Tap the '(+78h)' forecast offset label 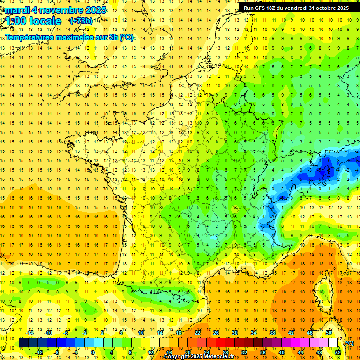click(81, 21)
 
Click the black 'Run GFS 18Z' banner click(296, 8)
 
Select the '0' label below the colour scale click(93, 352)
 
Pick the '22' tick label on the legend click(197, 333)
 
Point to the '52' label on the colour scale click(337, 352)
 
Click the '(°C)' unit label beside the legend click(349, 343)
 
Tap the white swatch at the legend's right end click(333, 343)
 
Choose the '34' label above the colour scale click(254, 333)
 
